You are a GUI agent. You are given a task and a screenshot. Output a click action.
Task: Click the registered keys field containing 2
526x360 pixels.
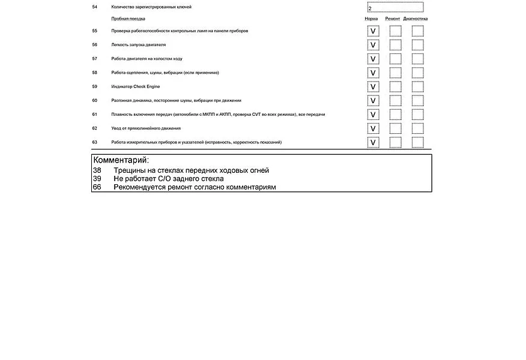(x=394, y=8)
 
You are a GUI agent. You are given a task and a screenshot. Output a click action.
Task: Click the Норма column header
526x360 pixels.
(x=372, y=19)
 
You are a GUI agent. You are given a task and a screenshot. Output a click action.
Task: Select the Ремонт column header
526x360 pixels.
(x=393, y=19)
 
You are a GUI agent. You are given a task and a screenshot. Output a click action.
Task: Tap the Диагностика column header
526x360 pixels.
(x=416, y=19)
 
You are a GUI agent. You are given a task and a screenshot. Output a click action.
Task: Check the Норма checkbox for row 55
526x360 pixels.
(x=373, y=31)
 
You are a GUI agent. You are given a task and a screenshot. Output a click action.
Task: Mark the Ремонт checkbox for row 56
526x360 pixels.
(x=395, y=45)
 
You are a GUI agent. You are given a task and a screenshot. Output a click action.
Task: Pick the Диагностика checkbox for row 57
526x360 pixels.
(x=417, y=59)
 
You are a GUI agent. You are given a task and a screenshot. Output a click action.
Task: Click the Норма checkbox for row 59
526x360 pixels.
(x=373, y=87)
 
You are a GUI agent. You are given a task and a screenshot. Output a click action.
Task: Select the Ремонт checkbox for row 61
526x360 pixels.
(x=395, y=115)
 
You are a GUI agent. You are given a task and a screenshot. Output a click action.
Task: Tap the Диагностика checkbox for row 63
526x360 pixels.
(x=417, y=143)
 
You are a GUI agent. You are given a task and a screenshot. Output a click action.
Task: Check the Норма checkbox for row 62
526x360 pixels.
(x=373, y=128)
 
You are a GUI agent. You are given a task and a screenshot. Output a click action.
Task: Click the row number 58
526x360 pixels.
(x=95, y=73)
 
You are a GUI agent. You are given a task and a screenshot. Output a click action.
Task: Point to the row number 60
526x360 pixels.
(x=95, y=100)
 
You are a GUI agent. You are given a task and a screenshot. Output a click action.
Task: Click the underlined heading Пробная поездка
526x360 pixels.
(x=128, y=19)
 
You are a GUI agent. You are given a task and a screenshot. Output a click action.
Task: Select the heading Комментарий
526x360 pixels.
(x=121, y=160)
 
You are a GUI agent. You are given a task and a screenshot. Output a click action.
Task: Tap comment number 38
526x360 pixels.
(x=97, y=170)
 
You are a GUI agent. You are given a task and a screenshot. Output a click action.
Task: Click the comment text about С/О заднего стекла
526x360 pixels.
(x=168, y=179)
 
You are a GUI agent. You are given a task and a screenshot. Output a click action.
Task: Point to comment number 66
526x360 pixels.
(x=97, y=187)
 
